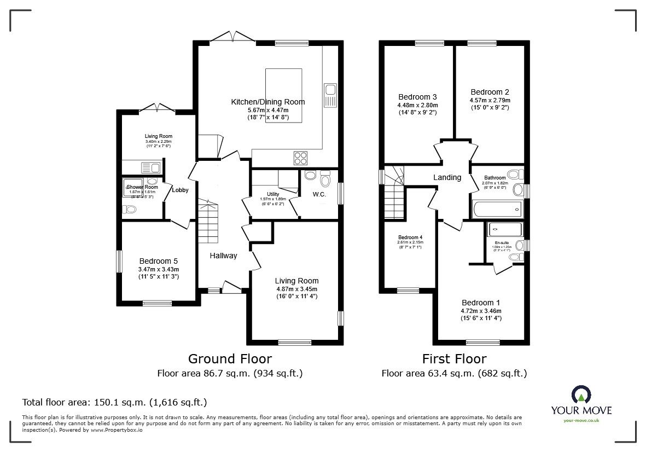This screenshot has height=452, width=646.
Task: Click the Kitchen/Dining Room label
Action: (x=268, y=102)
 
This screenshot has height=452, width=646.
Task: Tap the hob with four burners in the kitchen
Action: (x=300, y=158)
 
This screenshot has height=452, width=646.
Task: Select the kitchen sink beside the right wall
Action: (x=330, y=95)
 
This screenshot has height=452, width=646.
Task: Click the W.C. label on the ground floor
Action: (x=319, y=194)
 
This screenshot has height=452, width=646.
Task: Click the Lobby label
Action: (x=180, y=190)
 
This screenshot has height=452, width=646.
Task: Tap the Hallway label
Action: (x=224, y=256)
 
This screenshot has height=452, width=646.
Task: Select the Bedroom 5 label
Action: (x=158, y=261)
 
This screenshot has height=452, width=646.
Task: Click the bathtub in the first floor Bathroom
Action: (x=497, y=208)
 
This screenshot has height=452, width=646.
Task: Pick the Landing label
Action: (x=447, y=177)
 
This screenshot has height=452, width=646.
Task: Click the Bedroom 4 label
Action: (x=410, y=237)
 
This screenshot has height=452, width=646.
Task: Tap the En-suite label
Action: (x=502, y=242)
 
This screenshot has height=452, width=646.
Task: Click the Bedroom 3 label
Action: (x=417, y=97)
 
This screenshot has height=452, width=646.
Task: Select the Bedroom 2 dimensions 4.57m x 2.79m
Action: (x=490, y=100)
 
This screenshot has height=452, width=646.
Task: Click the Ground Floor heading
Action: (x=230, y=358)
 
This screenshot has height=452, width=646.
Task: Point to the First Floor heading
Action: (x=454, y=358)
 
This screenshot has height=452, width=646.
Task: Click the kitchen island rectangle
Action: (x=283, y=96)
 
